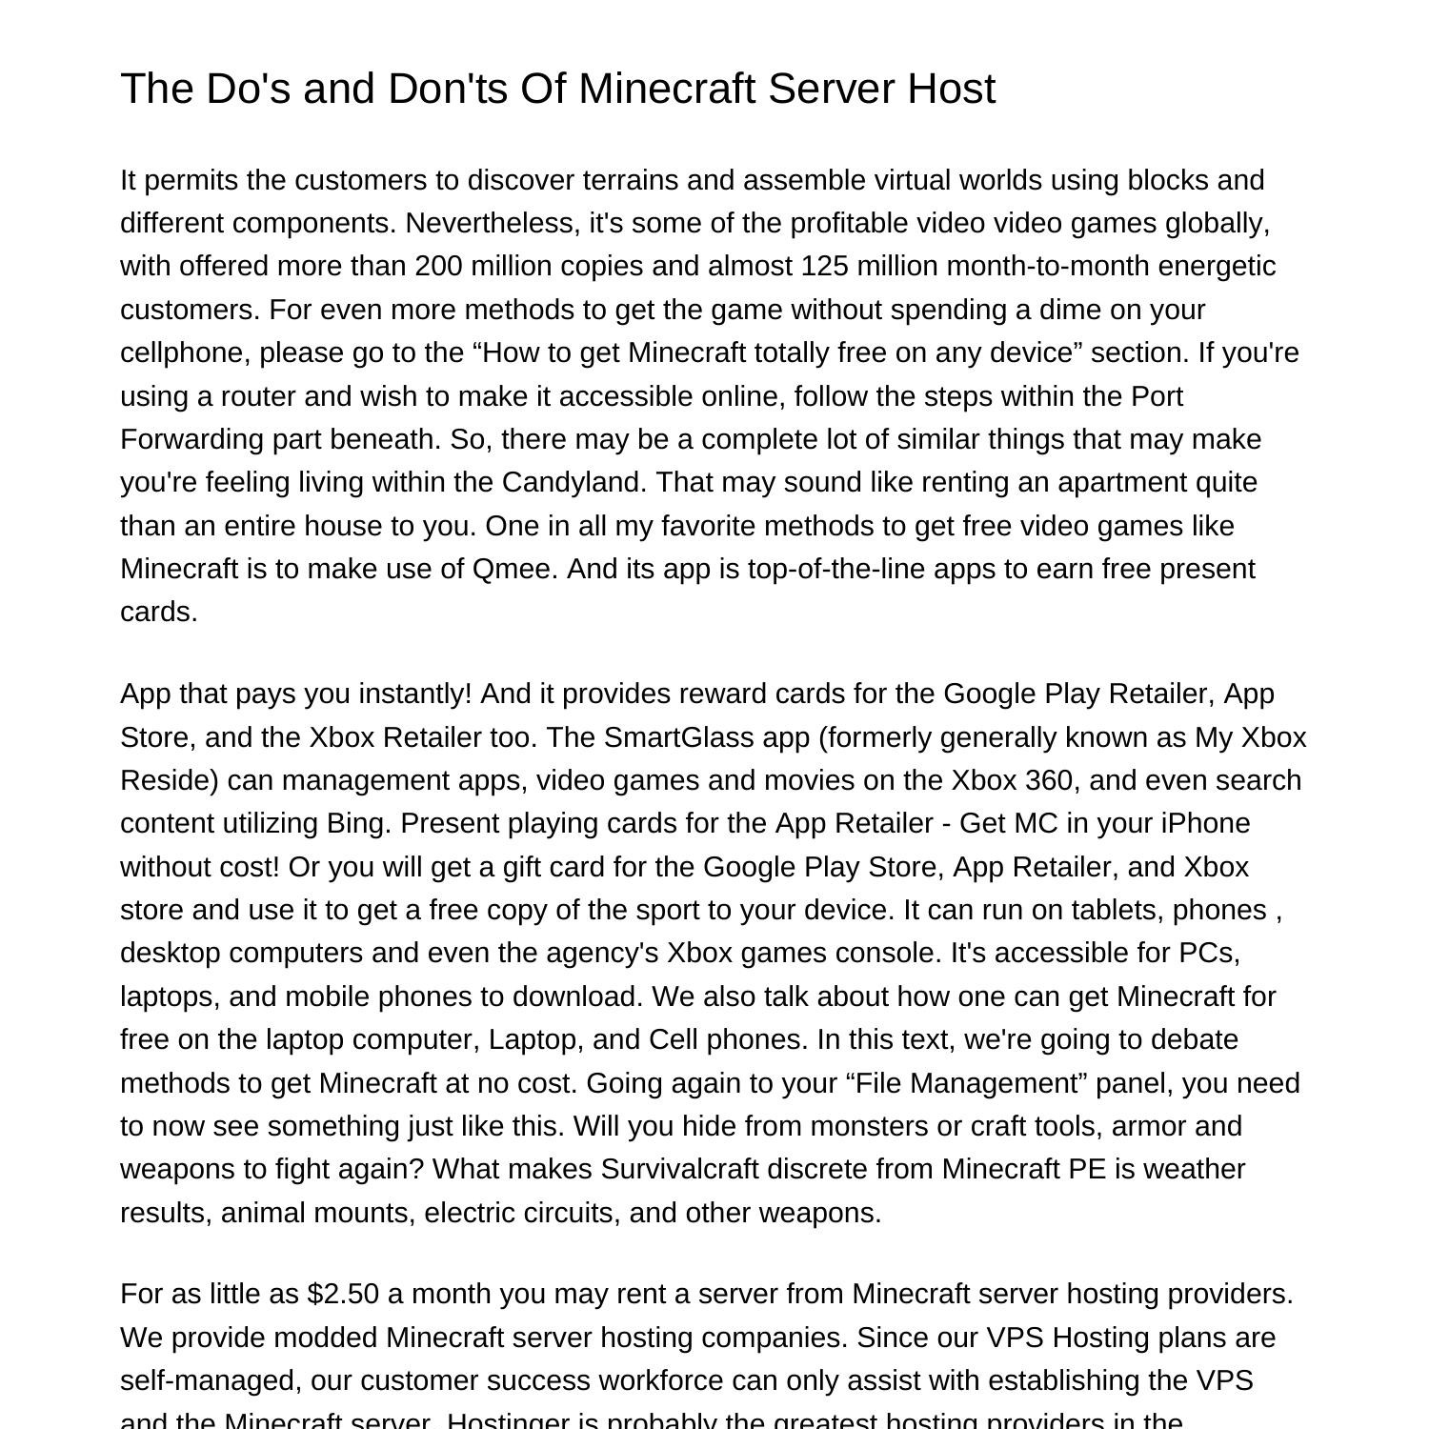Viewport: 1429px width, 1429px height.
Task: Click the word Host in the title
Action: tap(951, 89)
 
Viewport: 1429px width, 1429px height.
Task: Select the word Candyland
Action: tap(574, 482)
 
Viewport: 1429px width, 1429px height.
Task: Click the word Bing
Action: tap(355, 823)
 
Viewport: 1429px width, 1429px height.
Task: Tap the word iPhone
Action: tap(1205, 823)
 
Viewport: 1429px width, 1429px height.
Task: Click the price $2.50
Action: tap(343, 1295)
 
